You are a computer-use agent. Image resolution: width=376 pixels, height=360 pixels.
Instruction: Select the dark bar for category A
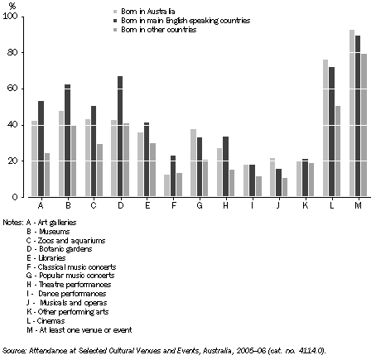click(41, 149)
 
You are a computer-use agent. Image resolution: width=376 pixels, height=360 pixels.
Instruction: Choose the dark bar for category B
click(67, 141)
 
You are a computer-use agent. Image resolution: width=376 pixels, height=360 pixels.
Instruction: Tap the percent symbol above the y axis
click(10, 6)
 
